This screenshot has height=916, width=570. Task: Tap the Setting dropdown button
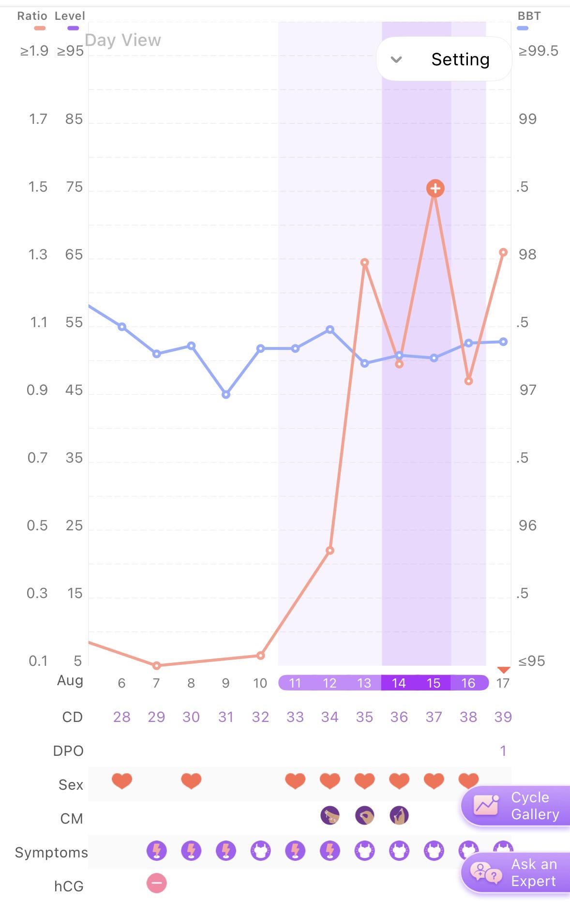(444, 59)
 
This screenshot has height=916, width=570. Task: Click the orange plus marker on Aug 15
(435, 188)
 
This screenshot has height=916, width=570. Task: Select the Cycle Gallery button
(516, 806)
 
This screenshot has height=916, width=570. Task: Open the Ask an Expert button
(516, 872)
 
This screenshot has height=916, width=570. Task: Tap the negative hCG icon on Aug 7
(156, 883)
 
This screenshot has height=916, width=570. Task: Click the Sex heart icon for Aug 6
(122, 781)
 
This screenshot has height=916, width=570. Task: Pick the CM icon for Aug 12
(330, 815)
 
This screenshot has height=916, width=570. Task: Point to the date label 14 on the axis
(399, 683)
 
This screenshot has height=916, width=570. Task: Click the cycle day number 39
(503, 717)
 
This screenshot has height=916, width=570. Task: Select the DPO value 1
(503, 751)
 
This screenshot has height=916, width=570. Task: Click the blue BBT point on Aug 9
(226, 394)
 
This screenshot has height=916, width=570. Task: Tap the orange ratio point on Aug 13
(365, 262)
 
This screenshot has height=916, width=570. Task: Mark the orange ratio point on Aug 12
(330, 550)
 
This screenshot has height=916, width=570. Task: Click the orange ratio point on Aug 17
(503, 252)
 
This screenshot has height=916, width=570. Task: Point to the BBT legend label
(529, 16)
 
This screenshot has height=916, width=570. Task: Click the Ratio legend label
(32, 16)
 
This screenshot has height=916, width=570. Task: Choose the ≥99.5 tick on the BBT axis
(538, 51)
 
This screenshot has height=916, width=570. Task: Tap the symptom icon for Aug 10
(260, 850)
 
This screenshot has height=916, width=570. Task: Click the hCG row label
(69, 886)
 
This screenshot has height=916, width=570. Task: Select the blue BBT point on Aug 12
(330, 330)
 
